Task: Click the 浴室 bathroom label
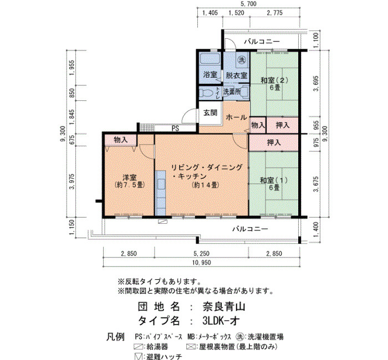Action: click(210, 75)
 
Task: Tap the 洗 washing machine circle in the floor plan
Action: click(242, 60)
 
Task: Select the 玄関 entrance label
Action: click(210, 113)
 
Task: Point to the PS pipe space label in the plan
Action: click(175, 128)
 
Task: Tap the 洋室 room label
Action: click(129, 178)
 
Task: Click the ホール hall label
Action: click(236, 117)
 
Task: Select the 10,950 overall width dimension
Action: click(201, 263)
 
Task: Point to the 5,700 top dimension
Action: click(248, 4)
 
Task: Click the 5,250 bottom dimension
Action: click(201, 254)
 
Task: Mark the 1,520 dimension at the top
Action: click(236, 13)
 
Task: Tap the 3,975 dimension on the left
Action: click(72, 181)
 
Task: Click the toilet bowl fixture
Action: click(207, 93)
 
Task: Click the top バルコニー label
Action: click(262, 42)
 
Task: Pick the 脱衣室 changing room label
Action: click(236, 75)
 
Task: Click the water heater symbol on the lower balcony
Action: click(162, 222)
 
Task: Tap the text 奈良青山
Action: click(224, 307)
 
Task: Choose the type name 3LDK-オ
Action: click(221, 321)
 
